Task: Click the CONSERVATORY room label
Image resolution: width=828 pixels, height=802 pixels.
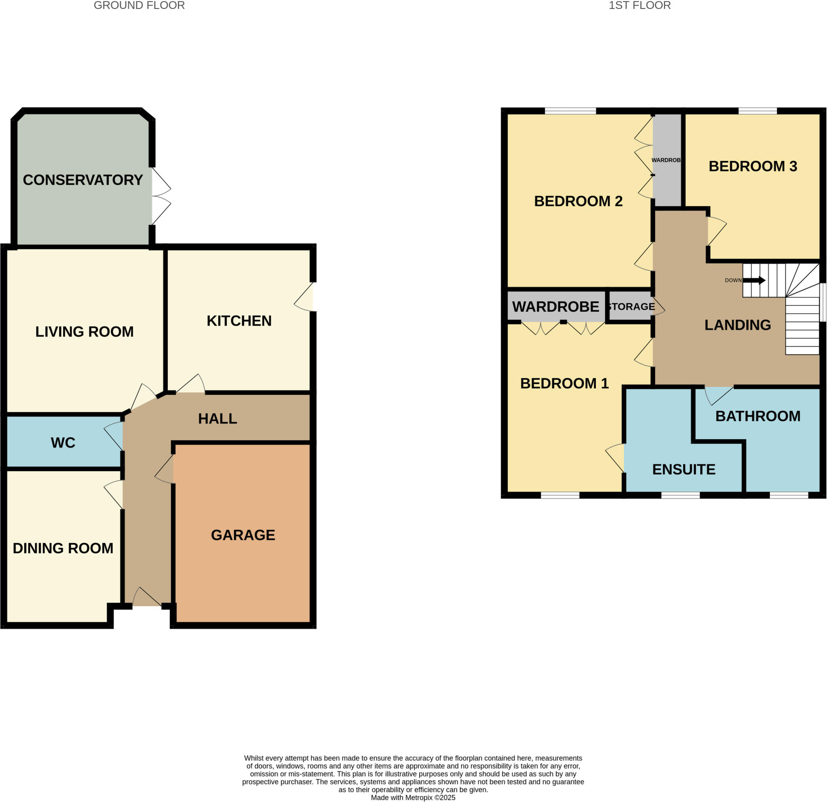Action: coord(83,180)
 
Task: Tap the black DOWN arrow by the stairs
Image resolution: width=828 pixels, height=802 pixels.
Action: coord(754,280)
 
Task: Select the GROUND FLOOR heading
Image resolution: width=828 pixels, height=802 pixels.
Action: coord(139,6)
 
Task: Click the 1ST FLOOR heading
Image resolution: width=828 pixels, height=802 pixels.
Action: coord(639,6)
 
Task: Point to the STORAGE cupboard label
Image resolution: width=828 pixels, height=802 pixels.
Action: coord(631,306)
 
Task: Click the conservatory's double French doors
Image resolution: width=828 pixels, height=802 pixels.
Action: coord(161,196)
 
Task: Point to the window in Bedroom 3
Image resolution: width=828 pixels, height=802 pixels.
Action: coord(758,111)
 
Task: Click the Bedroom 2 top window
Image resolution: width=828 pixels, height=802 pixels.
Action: coord(570,111)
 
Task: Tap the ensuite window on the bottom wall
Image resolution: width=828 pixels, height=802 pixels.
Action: coord(680,495)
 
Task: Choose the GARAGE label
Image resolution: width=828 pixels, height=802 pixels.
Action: coord(243,535)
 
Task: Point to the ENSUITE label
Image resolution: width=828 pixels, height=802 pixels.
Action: coord(684,470)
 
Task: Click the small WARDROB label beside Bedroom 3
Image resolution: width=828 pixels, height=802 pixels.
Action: coord(666,160)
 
